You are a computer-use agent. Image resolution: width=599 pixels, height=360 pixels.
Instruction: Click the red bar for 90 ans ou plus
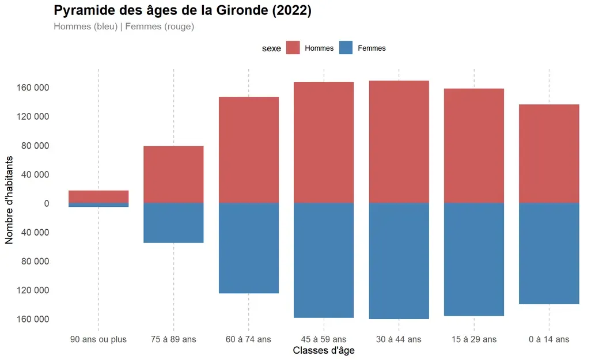(98, 196)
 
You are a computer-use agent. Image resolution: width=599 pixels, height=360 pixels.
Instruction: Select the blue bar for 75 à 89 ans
(173, 223)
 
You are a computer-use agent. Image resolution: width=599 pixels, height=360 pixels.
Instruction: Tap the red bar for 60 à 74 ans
(249, 150)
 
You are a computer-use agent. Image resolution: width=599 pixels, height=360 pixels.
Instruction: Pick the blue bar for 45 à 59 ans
(324, 260)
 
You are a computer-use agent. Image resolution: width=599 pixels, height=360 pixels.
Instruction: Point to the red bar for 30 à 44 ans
(399, 142)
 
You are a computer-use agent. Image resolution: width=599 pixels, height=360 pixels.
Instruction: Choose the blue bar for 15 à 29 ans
(474, 259)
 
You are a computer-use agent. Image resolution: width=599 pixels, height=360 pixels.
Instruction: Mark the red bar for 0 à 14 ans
(549, 154)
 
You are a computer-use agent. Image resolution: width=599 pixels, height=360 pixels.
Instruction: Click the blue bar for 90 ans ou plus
(98, 205)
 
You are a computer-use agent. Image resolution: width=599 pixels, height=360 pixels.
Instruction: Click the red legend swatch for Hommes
(293, 48)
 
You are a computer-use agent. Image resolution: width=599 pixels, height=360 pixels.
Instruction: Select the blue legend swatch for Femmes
(346, 48)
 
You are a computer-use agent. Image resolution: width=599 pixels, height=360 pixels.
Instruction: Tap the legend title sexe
(271, 48)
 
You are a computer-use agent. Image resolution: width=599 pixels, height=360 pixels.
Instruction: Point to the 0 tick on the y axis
(47, 204)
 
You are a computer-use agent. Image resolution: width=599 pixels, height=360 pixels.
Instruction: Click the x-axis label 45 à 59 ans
(324, 339)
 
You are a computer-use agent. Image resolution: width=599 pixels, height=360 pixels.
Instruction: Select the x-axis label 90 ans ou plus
(98, 339)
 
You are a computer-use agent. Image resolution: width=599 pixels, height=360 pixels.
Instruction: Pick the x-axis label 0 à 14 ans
(549, 339)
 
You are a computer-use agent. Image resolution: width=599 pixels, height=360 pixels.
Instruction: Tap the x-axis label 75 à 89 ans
(173, 339)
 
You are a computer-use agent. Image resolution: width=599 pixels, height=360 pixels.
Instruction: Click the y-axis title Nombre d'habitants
(9, 200)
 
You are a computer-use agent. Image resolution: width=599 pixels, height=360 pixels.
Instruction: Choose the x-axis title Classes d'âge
(324, 350)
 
